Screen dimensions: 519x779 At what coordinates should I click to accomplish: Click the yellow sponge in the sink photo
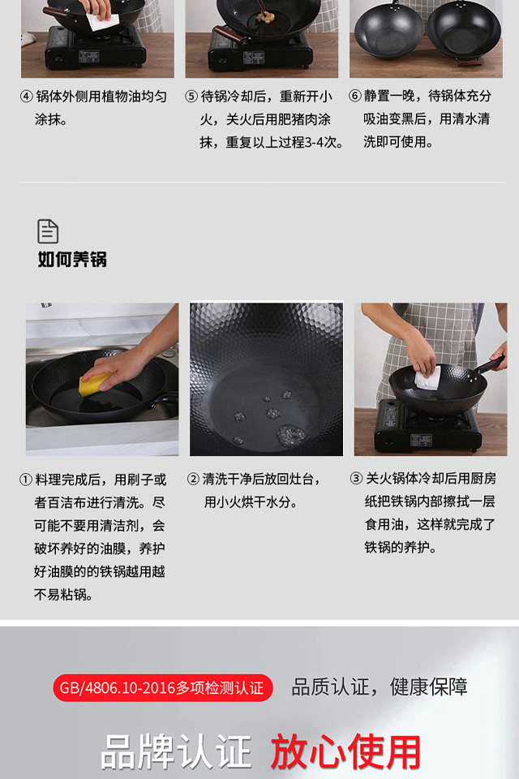pos(96,384)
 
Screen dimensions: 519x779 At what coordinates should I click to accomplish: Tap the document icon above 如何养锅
pos(48,231)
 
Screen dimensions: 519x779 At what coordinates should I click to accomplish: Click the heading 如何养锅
pos(72,260)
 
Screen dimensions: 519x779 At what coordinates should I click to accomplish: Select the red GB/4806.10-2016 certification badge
pos(163,688)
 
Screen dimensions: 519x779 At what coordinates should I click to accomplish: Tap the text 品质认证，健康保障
pos(380,687)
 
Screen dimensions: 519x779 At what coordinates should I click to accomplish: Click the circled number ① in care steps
pos(26,480)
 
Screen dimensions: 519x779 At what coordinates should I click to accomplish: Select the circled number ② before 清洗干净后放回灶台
pos(193,480)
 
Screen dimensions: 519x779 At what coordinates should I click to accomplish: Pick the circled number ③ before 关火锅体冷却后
pos(356,479)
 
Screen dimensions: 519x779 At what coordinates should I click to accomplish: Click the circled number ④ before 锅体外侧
pos(26,97)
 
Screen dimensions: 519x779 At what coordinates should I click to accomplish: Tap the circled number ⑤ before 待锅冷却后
pos(191,97)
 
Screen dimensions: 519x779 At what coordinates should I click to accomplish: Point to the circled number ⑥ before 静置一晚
pos(354,96)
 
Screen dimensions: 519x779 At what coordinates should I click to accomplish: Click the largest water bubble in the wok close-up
pos(291,435)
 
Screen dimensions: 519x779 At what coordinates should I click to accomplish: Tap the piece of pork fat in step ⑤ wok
pos(264,17)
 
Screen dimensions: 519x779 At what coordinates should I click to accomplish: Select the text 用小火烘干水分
pos(251,502)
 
